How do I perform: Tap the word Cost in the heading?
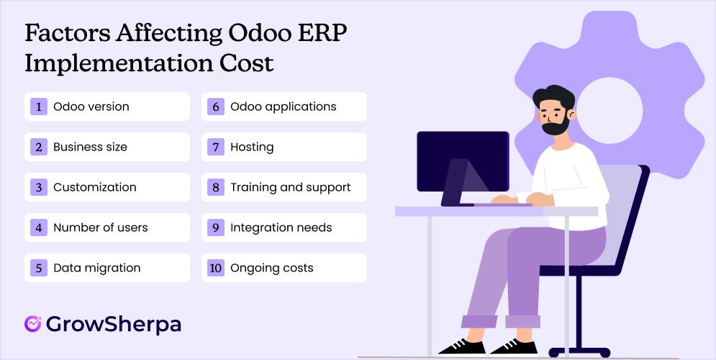(x=245, y=63)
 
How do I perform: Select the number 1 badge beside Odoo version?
(x=37, y=107)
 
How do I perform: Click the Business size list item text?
(x=90, y=147)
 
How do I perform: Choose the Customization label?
(x=94, y=187)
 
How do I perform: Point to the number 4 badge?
(x=37, y=228)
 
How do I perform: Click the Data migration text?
(x=96, y=268)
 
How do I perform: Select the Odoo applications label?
(x=283, y=107)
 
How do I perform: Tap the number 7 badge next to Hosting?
(x=214, y=147)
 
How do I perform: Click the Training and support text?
(x=290, y=187)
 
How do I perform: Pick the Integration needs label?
(x=281, y=228)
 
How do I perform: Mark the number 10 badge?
(x=214, y=268)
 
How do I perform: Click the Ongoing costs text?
(x=271, y=268)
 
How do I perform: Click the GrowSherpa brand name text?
(x=113, y=324)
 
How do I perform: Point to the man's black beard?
(x=554, y=127)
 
